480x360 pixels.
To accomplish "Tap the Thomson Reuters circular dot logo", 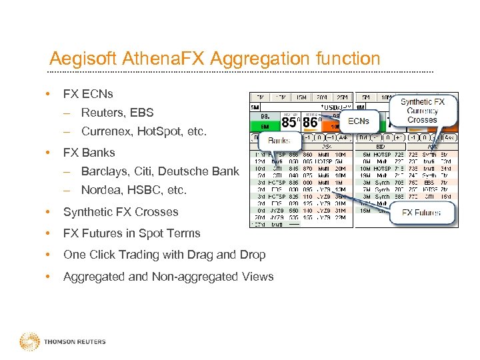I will pos(29,341).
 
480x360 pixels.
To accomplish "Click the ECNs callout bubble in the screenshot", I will pos(358,121).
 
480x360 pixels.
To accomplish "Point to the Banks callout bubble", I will pos(279,141).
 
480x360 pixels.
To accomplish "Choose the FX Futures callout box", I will pos(421,213).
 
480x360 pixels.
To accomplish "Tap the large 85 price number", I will pos(289,123).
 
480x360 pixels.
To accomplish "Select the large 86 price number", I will pos(310,123).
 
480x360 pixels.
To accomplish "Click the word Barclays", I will pos(104,171).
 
